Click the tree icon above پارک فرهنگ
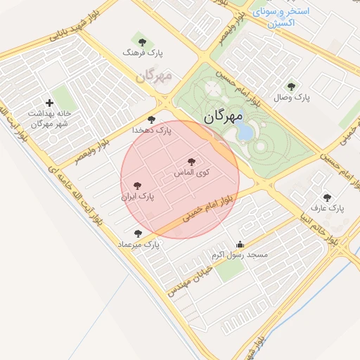[x=143, y=41]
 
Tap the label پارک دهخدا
[x=152, y=130]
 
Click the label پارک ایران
[x=137, y=197]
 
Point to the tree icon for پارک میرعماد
[x=138, y=233]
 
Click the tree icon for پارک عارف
[x=326, y=198]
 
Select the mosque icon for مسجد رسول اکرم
[x=240, y=245]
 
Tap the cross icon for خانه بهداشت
[x=49, y=103]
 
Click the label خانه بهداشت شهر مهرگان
[x=49, y=118]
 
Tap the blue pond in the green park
[x=245, y=130]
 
